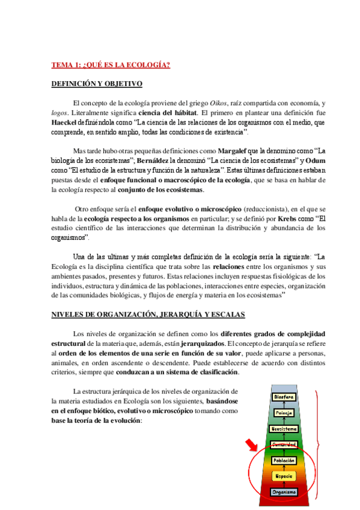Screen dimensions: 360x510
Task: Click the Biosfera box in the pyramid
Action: (284, 397)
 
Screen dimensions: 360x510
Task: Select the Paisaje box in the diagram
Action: (284, 413)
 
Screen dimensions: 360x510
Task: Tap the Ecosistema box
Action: (284, 429)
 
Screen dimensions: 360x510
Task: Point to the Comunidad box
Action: (284, 444)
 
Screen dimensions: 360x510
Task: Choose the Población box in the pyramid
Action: (284, 460)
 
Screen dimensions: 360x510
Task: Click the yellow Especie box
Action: (284, 476)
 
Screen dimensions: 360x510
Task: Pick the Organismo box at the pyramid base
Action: (284, 492)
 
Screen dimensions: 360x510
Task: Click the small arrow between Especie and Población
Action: (284, 469)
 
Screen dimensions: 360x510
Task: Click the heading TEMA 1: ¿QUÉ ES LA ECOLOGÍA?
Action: (111, 65)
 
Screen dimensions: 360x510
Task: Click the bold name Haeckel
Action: (66, 122)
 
